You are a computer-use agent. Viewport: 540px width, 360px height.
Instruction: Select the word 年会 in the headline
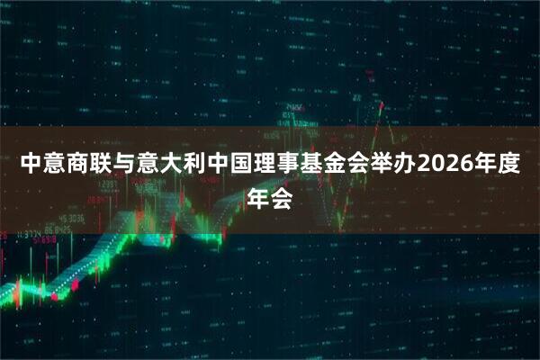click(270, 199)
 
